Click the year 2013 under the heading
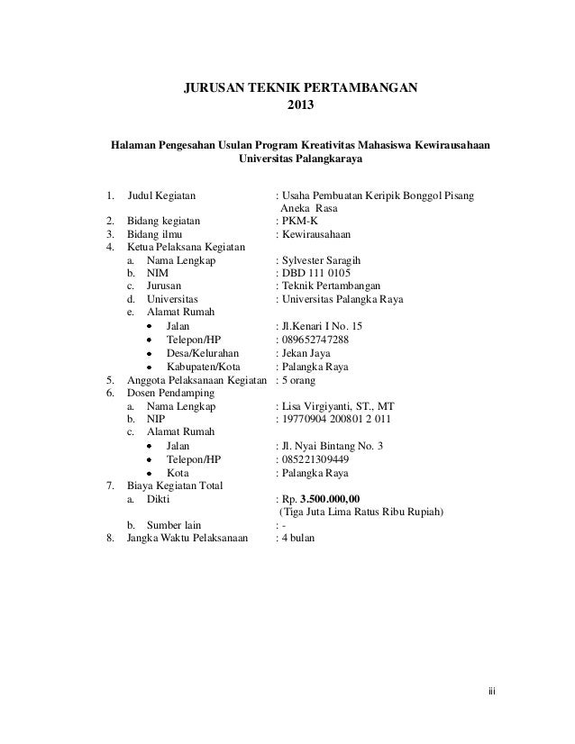(x=301, y=105)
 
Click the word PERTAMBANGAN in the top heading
(x=363, y=88)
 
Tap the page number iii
(x=492, y=693)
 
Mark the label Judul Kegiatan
(x=164, y=194)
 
